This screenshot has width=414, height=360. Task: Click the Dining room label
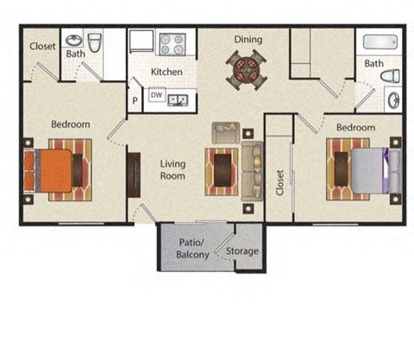(248, 39)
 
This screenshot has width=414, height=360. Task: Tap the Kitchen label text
(166, 73)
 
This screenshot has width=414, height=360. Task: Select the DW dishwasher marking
(156, 96)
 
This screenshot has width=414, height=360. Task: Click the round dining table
(247, 68)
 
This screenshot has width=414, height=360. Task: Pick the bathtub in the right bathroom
(380, 42)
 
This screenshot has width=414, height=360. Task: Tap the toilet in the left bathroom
(95, 42)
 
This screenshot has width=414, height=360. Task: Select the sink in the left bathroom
(73, 41)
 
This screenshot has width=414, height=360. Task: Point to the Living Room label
(172, 169)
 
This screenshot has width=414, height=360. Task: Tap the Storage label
(242, 252)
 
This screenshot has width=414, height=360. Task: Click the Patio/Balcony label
(191, 249)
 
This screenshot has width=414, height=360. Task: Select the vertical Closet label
(280, 182)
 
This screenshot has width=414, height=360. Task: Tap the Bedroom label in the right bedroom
(355, 127)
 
